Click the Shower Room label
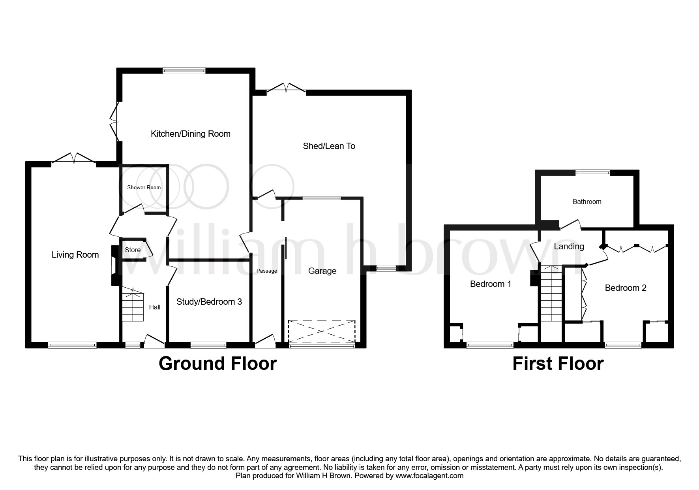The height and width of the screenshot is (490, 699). pos(144,187)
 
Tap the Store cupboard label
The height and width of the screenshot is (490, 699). pos(133,250)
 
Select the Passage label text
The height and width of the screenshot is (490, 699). pos(267,271)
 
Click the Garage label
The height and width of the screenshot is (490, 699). pos(322,271)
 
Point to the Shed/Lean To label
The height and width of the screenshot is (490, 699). pos(329,146)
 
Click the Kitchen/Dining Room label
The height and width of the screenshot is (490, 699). pos(190,134)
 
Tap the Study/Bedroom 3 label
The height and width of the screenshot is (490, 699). pos(209,302)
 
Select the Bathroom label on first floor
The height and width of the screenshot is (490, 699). pos(587,202)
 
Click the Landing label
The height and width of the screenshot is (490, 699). pos(569,247)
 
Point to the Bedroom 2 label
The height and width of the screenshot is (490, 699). pos(625,288)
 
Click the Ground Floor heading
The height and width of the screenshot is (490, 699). pos(217,364)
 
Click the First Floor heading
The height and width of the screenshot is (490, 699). pos(558,364)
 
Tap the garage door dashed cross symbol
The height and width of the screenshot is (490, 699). pos(322,331)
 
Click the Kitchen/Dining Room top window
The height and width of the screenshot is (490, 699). pos(184,71)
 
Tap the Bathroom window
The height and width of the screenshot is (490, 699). pos(592,173)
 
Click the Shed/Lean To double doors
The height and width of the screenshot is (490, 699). pos(286,89)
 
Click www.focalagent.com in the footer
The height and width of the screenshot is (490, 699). pos(429,476)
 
